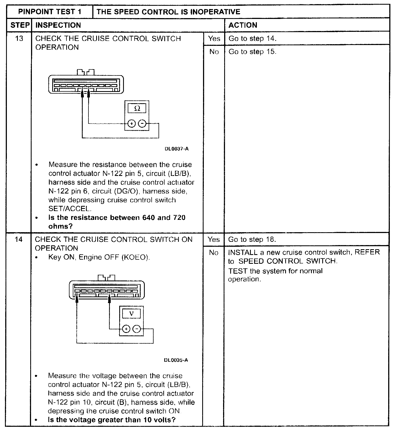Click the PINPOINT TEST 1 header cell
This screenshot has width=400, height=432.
coord(50,12)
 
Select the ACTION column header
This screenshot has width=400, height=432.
coord(243,25)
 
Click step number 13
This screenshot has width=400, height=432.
coord(19,38)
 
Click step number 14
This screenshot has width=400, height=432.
coord(19,239)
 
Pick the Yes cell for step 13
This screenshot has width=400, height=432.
coord(214,38)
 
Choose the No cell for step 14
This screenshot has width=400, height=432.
coord(213,253)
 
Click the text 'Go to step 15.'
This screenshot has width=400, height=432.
coord(252,52)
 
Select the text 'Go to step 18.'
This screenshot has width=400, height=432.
coord(252,239)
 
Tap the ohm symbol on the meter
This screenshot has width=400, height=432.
coord(137,108)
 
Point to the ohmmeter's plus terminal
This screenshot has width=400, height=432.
coord(132,124)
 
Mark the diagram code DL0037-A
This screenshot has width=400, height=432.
coord(177,149)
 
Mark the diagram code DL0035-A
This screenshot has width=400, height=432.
coord(176,360)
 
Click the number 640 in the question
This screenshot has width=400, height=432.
coord(149,218)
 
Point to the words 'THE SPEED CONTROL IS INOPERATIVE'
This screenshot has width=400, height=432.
coord(169,12)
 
